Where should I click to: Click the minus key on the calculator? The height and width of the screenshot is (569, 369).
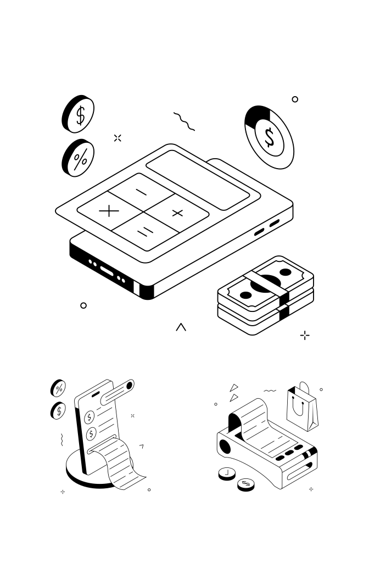tap(142, 192)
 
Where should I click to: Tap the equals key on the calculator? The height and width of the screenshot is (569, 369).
tap(143, 233)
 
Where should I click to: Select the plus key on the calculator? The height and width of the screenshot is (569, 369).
tap(177, 213)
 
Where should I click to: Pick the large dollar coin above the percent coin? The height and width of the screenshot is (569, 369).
tap(79, 114)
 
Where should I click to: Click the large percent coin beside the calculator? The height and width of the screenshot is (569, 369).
tap(79, 158)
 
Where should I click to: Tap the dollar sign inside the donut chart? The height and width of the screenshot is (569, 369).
tap(269, 137)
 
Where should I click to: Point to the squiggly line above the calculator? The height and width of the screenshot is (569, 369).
tap(184, 121)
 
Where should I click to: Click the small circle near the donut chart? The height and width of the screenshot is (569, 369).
tap(295, 99)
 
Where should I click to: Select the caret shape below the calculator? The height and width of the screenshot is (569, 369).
tap(181, 327)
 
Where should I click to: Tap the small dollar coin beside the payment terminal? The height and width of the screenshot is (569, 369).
tap(246, 484)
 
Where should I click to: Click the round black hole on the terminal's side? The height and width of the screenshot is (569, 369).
tap(225, 445)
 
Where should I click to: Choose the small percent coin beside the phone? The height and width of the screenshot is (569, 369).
tap(58, 388)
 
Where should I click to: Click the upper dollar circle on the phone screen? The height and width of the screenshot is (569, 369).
tap(90, 417)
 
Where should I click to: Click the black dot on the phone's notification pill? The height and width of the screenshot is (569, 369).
tap(130, 386)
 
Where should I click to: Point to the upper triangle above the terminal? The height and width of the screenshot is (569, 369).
tap(234, 387)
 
